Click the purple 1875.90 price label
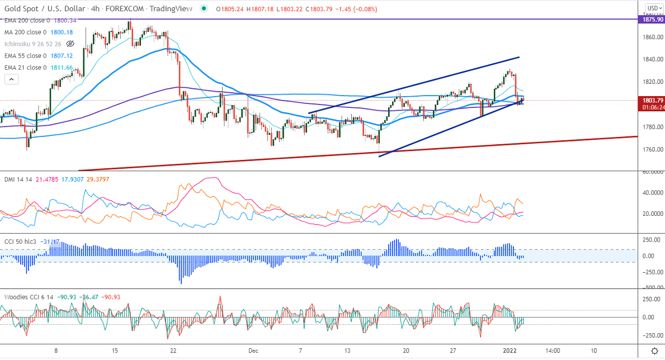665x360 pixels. tap(652, 19)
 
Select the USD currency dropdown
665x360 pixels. tap(653, 8)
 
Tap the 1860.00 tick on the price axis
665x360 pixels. tap(652, 37)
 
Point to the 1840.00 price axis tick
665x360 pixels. tap(652, 59)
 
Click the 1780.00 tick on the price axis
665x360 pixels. tap(652, 127)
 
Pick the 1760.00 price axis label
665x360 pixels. tap(652, 149)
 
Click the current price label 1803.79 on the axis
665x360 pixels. tap(652, 101)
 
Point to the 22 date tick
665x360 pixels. tap(173, 350)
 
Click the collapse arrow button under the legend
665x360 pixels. tap(11, 79)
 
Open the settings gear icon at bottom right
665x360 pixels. tap(654, 350)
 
